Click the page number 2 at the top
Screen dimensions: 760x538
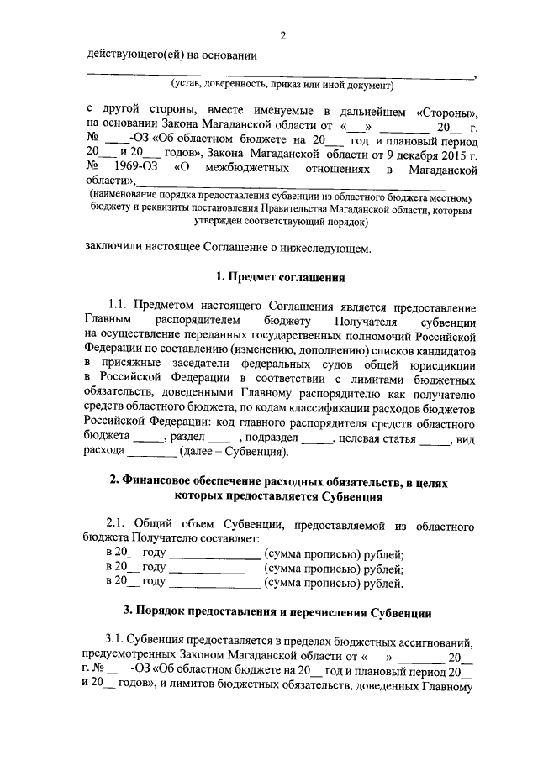(283, 34)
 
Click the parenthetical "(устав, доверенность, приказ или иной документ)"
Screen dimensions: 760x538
(282, 86)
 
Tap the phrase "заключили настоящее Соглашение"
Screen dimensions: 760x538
(175, 248)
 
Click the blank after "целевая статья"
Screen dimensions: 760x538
(434, 438)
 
